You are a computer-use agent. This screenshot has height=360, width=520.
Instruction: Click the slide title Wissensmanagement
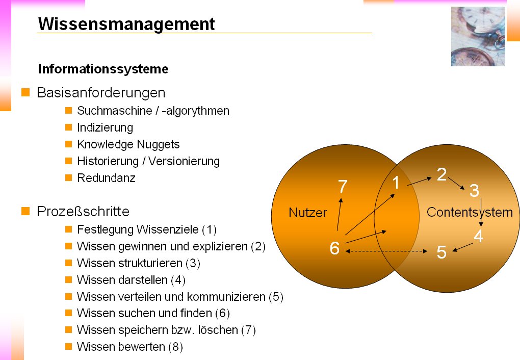[x=126, y=24]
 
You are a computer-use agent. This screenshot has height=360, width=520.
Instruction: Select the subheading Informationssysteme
[x=103, y=68]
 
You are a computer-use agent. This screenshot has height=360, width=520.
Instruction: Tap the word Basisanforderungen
[x=101, y=93]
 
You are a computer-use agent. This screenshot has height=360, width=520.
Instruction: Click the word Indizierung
[x=105, y=127]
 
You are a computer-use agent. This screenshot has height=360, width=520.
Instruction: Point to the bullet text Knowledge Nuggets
[x=128, y=144]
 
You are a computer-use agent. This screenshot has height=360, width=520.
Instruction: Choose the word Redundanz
[x=106, y=178]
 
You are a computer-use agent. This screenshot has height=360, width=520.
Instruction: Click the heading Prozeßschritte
[x=83, y=212]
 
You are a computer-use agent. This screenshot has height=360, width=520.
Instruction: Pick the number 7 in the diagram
[x=343, y=187]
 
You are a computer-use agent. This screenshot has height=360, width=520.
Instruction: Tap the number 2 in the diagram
[x=441, y=175]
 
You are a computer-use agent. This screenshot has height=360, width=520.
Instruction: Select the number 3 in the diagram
[x=474, y=191]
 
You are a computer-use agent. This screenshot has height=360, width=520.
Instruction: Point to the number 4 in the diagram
[x=478, y=236]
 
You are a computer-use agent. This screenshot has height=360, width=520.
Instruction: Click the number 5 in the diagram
[x=441, y=252]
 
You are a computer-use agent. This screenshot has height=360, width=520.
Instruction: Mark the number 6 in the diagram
[x=334, y=248]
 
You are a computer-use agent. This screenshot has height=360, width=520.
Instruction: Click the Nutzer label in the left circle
[x=307, y=213]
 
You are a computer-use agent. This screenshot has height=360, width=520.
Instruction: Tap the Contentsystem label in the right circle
[x=469, y=212]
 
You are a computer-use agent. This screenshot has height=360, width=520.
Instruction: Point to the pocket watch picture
[x=478, y=37]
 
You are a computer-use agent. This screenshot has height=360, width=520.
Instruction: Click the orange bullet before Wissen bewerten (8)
[x=68, y=347]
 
